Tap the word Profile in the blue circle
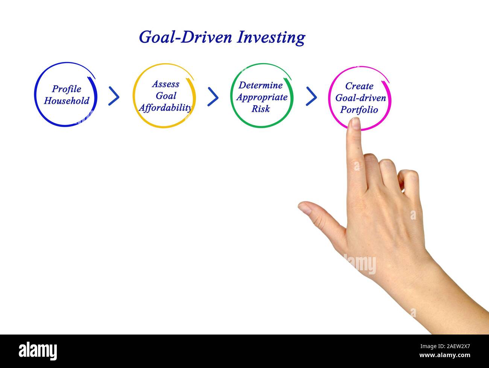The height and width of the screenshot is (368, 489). click(67, 89)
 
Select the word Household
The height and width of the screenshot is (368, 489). click(67, 101)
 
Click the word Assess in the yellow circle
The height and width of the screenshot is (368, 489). click(166, 84)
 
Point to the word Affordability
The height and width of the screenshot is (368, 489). click(165, 108)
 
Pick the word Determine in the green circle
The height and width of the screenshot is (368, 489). click(261, 85)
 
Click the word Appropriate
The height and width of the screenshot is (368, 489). click(262, 97)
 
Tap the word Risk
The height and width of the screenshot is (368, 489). click(261, 109)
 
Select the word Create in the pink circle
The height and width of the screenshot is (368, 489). click(359, 86)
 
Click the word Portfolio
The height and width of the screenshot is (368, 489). click(359, 110)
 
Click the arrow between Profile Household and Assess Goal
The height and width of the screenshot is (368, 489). click(114, 96)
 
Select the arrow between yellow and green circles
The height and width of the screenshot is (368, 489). click(213, 97)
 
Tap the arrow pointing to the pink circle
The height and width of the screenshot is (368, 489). click(311, 96)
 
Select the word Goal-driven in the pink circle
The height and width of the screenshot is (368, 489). click(360, 98)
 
